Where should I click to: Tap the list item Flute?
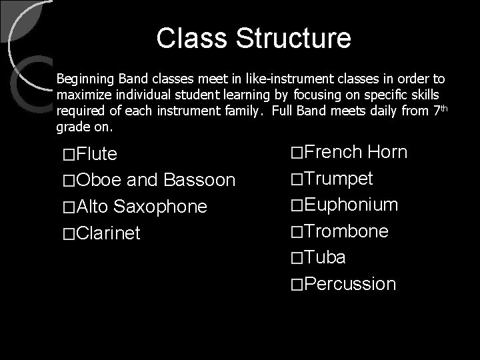[x=97, y=155]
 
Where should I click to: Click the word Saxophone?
[x=161, y=207]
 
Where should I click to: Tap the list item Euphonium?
[x=351, y=205]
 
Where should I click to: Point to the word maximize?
[x=79, y=95]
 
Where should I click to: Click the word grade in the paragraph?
[x=70, y=126]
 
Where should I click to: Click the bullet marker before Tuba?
[x=297, y=258]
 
